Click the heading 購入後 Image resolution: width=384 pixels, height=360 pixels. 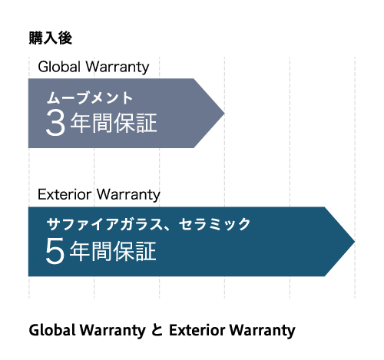click(x=51, y=38)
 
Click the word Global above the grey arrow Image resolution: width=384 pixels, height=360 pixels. click(x=59, y=67)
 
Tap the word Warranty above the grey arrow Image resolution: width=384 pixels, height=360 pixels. click(x=118, y=68)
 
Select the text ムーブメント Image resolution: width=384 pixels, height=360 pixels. click(x=89, y=98)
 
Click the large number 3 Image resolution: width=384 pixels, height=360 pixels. click(x=55, y=123)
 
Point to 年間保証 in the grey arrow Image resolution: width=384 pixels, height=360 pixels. click(x=114, y=123)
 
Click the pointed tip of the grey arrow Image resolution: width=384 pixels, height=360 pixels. click(x=224, y=113)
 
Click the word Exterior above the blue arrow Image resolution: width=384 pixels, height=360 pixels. click(x=65, y=194)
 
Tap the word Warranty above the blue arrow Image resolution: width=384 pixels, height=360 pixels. click(x=129, y=195)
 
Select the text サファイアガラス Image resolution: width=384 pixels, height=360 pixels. click(x=104, y=224)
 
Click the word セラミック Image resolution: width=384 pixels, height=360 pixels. click(x=214, y=224)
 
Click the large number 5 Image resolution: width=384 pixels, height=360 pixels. click(x=55, y=251)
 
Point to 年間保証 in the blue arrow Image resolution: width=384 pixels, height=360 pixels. click(x=113, y=251)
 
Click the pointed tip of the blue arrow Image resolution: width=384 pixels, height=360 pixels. click(x=355, y=241)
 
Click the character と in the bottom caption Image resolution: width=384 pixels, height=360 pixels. click(x=157, y=330)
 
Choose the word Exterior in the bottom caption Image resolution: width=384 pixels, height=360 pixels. click(x=197, y=330)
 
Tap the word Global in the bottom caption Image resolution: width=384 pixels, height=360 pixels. click(x=52, y=330)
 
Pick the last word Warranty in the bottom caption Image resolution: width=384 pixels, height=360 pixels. click(x=263, y=331)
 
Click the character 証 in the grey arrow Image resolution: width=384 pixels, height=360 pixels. click(x=147, y=123)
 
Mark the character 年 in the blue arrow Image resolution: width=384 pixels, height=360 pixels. click(x=80, y=251)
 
